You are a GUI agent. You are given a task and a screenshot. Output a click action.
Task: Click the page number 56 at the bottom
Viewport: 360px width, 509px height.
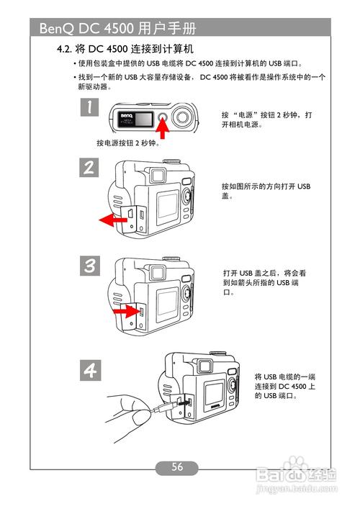(x=177, y=467)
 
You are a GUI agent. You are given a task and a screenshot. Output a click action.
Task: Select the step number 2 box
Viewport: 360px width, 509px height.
(x=89, y=169)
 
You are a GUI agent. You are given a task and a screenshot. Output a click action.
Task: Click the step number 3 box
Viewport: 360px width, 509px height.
(x=89, y=265)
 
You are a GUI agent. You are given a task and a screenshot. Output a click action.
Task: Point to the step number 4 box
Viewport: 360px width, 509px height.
(x=89, y=370)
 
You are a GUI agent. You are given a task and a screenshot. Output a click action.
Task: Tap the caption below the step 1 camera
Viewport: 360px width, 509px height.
(x=127, y=143)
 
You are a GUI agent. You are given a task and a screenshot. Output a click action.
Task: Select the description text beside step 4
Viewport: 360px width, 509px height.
(x=285, y=387)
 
